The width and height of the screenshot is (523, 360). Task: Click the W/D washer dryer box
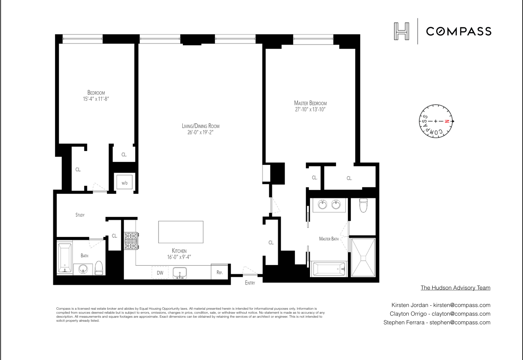click(124, 183)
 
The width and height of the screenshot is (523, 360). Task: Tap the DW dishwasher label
click(160, 273)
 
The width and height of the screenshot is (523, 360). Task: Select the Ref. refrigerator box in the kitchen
click(220, 272)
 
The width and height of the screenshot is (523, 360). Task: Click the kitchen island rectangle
click(181, 232)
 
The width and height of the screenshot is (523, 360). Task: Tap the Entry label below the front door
click(250, 283)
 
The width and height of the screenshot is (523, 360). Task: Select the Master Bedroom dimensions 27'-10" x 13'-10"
click(310, 109)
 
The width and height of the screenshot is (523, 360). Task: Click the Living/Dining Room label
click(200, 126)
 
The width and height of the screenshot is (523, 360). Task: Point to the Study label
click(80, 215)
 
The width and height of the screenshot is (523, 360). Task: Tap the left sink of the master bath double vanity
click(322, 204)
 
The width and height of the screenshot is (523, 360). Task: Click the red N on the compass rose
click(448, 121)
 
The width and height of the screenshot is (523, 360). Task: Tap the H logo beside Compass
click(401, 31)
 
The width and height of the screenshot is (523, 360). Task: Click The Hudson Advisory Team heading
click(455, 288)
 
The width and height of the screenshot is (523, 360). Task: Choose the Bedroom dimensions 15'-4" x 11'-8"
click(96, 99)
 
